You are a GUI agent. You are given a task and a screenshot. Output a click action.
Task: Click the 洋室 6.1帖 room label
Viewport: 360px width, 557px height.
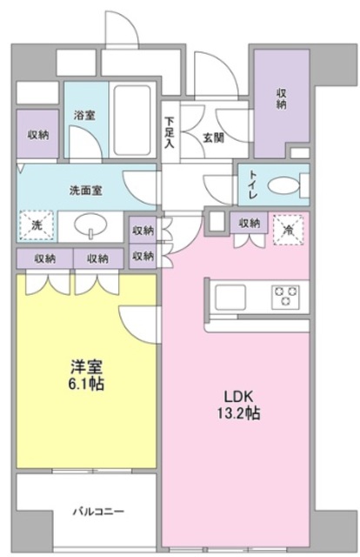[x=87, y=375]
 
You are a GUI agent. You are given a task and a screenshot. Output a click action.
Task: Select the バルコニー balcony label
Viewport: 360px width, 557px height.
[x=99, y=512]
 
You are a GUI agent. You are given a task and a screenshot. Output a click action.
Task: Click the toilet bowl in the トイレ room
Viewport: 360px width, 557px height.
[x=283, y=185]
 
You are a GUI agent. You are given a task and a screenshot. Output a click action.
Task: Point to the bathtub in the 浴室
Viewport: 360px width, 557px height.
[x=132, y=120]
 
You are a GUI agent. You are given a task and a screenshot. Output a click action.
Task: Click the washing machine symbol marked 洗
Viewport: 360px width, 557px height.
[x=37, y=225]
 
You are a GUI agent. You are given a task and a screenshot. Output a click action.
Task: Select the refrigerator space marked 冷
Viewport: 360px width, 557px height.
[x=289, y=230]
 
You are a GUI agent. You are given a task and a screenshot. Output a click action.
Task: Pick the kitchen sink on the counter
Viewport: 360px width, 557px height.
[x=230, y=296]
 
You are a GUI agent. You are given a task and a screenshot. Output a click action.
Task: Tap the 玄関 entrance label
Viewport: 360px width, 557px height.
[x=213, y=138]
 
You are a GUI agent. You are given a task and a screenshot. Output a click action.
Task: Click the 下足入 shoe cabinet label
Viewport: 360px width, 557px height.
[x=170, y=132]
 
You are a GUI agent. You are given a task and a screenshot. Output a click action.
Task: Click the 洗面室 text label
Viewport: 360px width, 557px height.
[x=86, y=191]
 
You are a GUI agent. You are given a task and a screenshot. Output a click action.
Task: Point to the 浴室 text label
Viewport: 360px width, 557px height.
[x=84, y=115]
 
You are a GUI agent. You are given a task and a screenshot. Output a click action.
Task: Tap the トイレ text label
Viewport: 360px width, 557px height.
[x=254, y=185]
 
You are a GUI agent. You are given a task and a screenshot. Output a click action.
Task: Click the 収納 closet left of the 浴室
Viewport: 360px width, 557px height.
[x=37, y=133]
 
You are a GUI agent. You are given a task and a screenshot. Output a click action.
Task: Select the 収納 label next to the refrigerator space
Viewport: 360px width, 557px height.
[x=250, y=224]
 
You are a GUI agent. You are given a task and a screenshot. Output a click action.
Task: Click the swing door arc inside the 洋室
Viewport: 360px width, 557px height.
[x=137, y=325]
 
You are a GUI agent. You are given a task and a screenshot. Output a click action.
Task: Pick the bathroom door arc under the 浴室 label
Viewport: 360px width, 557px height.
[x=85, y=142]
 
